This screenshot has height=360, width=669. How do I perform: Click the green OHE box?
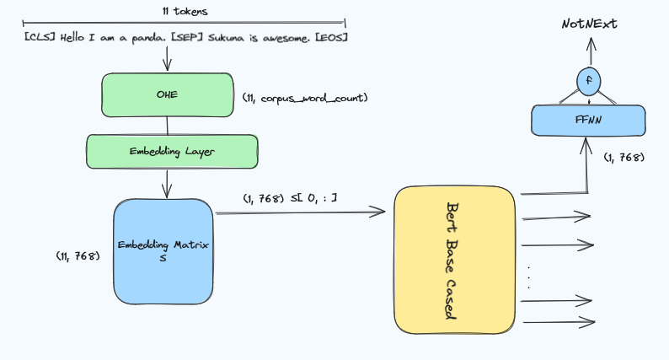click(x=167, y=94)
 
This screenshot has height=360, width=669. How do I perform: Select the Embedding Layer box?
click(x=172, y=152)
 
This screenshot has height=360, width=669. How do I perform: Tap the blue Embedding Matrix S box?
click(x=163, y=251)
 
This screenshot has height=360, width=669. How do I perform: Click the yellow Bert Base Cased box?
click(x=455, y=260)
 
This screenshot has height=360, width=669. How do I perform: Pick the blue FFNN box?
click(x=588, y=121)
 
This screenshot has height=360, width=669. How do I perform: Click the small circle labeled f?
click(x=589, y=81)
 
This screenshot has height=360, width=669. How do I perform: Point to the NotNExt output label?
click(x=589, y=24)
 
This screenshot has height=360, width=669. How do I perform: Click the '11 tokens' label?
click(x=185, y=11)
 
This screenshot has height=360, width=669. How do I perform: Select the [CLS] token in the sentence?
click(x=40, y=37)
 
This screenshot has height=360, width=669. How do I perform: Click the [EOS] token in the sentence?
click(x=331, y=38)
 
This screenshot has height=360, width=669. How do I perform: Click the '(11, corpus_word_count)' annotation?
click(x=305, y=99)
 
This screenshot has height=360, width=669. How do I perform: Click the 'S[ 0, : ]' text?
click(x=313, y=198)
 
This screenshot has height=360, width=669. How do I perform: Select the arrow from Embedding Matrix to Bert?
click(x=300, y=212)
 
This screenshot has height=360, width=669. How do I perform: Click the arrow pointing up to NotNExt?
click(x=591, y=51)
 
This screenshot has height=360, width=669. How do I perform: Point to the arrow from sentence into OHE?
click(x=167, y=58)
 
